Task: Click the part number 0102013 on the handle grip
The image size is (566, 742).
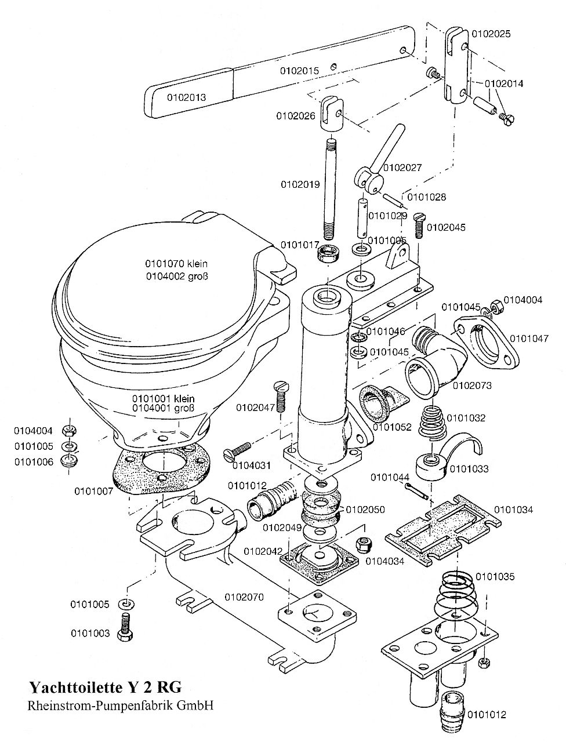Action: [x=186, y=98]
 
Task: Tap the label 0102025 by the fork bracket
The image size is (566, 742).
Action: [x=491, y=34]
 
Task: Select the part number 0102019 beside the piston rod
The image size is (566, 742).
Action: [x=300, y=184]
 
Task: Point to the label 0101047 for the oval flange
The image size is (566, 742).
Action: [x=529, y=339]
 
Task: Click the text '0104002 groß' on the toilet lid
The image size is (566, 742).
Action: [x=177, y=277]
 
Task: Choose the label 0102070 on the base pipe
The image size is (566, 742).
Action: [x=244, y=597]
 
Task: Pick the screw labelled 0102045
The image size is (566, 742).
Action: [x=419, y=226]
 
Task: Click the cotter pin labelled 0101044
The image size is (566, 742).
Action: [x=416, y=491]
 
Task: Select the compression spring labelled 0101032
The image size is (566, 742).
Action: [x=433, y=423]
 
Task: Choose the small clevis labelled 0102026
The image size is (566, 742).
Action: [x=332, y=112]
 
